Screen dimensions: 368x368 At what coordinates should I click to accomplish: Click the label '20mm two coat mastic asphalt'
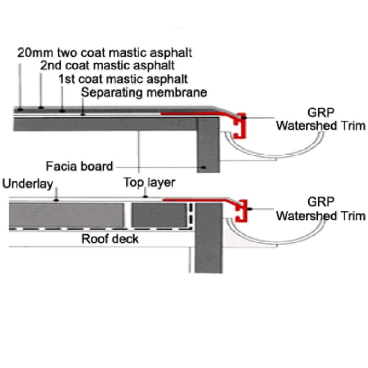104,52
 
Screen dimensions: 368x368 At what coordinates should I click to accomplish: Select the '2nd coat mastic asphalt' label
108,65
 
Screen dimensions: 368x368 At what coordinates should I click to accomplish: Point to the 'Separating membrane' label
144,92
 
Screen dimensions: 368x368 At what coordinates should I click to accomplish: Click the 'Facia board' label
79,166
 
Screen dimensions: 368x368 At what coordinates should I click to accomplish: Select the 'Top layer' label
149,183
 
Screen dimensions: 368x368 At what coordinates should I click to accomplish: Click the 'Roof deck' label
110,239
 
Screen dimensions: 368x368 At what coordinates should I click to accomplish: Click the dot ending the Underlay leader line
56,201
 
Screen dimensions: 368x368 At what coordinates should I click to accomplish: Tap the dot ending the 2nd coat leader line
41,108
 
